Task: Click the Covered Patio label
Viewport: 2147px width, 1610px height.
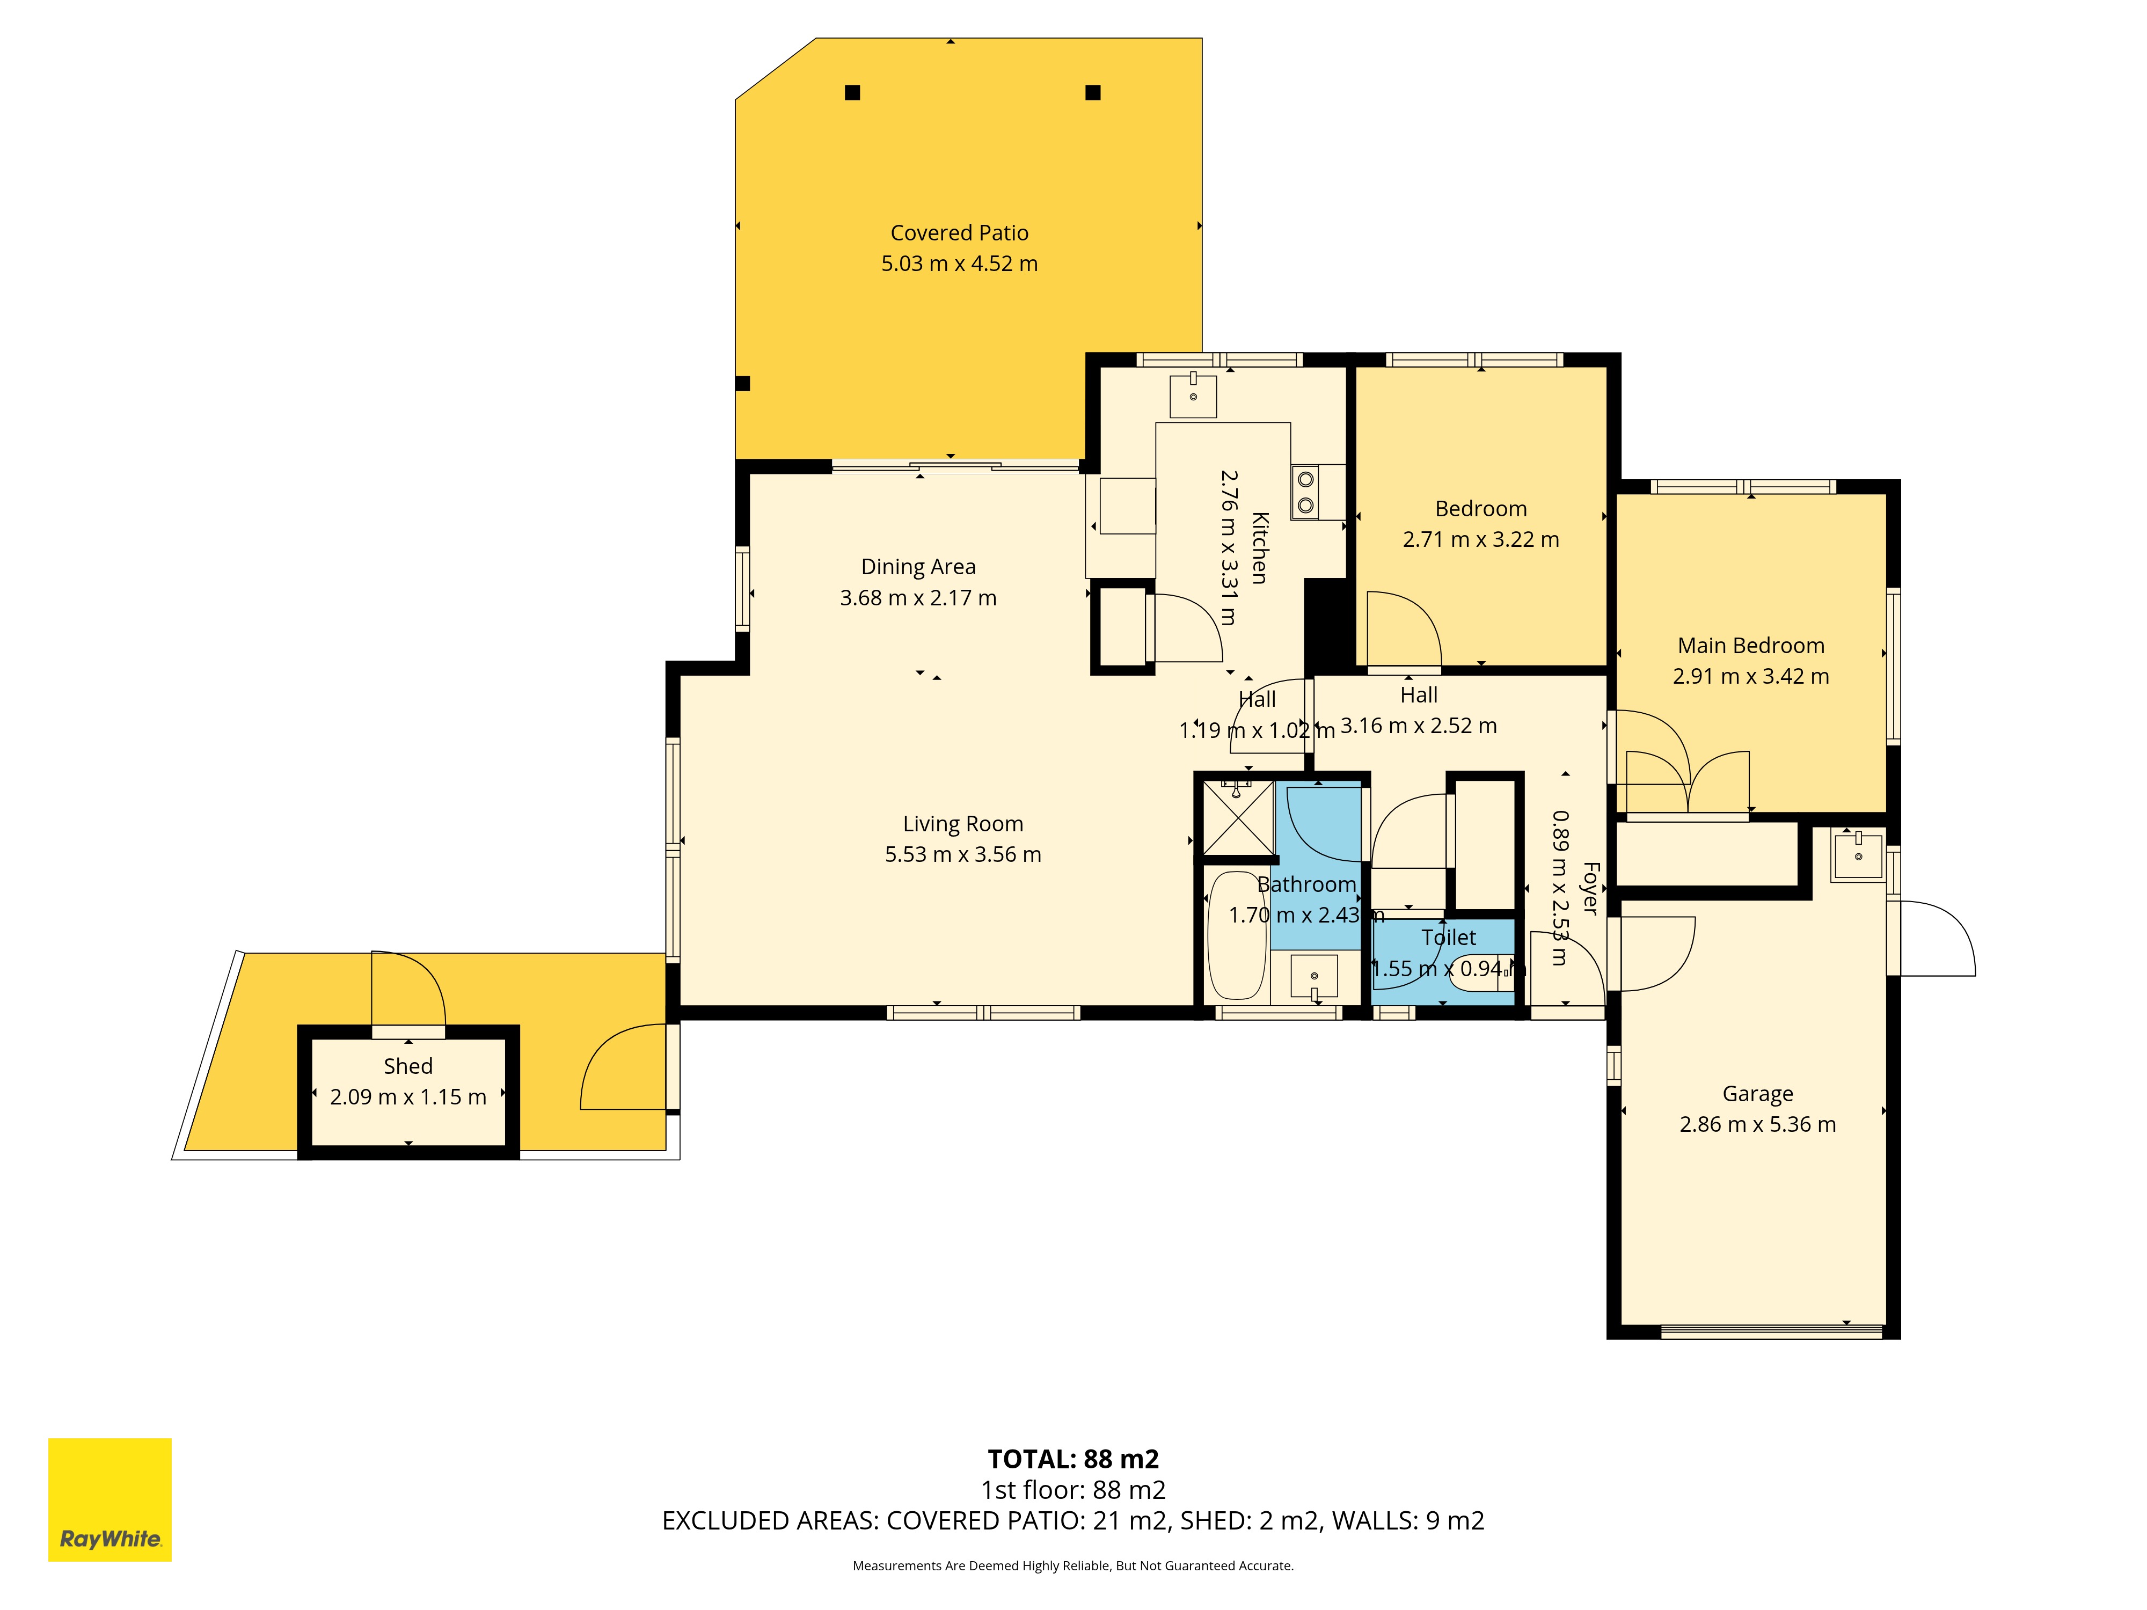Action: click(x=959, y=233)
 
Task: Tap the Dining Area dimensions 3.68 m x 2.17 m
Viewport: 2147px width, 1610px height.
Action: click(x=918, y=598)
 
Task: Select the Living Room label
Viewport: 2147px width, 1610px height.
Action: click(x=963, y=824)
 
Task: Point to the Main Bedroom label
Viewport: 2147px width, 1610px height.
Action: click(x=1751, y=646)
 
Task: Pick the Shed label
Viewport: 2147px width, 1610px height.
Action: click(x=407, y=1066)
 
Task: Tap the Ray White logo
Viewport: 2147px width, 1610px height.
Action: click(x=109, y=1499)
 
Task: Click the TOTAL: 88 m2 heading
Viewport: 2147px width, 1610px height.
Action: click(x=1073, y=1459)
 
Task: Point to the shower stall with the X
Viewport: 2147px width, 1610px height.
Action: click(x=1238, y=818)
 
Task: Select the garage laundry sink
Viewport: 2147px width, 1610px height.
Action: click(x=1858, y=855)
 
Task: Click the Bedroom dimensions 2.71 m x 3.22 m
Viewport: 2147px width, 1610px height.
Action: click(x=1480, y=539)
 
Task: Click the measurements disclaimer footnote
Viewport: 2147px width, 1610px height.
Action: click(x=1072, y=1565)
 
